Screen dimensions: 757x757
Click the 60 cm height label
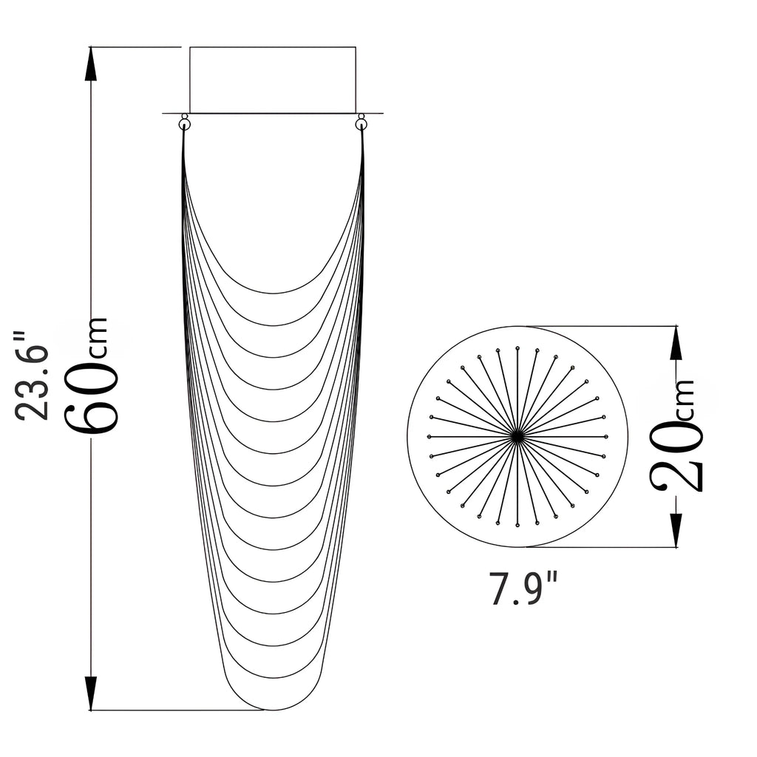(x=91, y=376)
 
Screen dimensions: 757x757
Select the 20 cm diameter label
(x=676, y=435)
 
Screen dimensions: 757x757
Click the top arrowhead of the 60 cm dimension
(x=91, y=64)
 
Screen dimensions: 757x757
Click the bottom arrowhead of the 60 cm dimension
(x=91, y=693)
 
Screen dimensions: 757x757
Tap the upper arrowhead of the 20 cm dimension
(x=676, y=343)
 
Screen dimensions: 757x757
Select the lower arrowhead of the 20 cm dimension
(x=676, y=530)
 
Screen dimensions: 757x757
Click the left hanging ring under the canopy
(x=184, y=124)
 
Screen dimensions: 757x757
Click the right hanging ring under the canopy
(x=361, y=124)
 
